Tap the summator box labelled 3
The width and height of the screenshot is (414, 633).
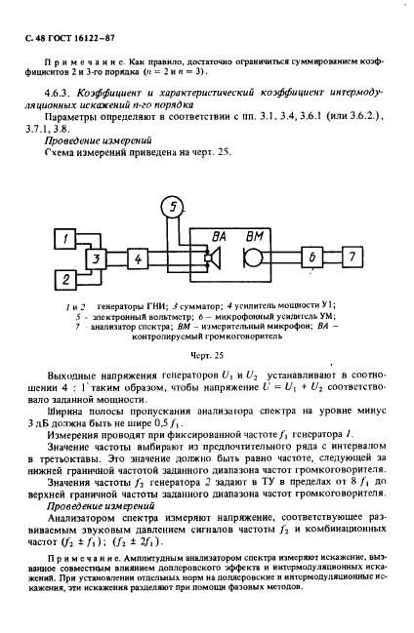click(97, 258)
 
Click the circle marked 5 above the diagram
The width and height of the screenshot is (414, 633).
click(172, 207)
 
